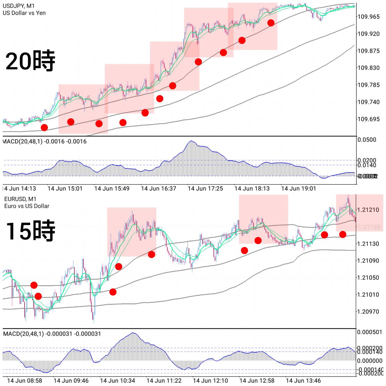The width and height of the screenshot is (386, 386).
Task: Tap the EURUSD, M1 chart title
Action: [20, 199]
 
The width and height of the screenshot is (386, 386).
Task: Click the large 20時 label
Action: [30, 61]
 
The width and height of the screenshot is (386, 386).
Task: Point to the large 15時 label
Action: [30, 231]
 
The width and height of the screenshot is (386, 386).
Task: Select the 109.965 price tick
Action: [369, 17]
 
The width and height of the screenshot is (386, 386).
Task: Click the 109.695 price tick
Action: [369, 119]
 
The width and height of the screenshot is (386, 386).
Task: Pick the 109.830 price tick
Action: [369, 68]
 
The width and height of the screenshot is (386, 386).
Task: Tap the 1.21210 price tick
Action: [368, 210]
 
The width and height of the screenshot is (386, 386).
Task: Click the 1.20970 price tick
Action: [368, 312]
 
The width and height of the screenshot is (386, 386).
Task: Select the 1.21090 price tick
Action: [368, 261]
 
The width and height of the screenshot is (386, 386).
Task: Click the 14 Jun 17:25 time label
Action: [205, 188]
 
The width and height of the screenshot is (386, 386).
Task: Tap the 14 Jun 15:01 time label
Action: [65, 188]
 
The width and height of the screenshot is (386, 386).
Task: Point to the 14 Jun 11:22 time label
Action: [164, 381]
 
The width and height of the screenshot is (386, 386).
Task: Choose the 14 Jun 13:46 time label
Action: [303, 381]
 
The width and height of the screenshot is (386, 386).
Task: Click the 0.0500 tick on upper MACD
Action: [367, 140]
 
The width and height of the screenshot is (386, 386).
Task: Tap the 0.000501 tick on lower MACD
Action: [370, 332]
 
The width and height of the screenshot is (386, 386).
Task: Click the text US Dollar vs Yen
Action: [24, 13]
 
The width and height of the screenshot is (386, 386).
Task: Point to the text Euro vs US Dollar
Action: [27, 206]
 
